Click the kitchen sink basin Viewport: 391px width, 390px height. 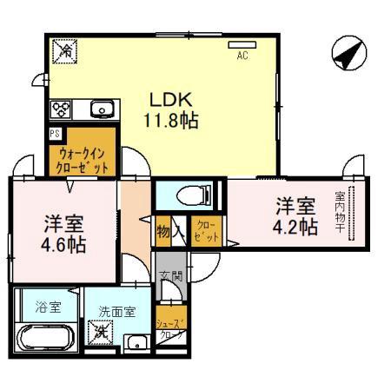(x=100, y=109)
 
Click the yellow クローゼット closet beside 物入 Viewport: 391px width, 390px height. (x=206, y=232)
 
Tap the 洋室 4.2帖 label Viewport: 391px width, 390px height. (x=295, y=217)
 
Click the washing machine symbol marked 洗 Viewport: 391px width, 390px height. (x=103, y=331)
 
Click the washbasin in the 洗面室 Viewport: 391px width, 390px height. (x=137, y=341)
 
